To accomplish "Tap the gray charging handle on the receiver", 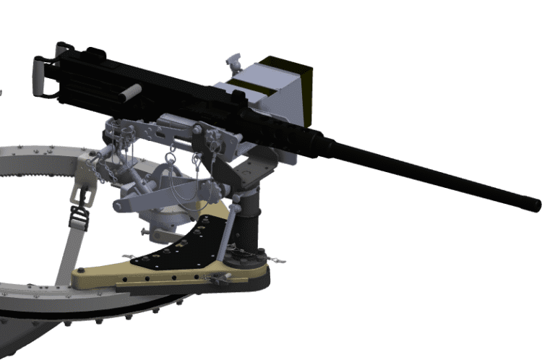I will [x=129, y=92].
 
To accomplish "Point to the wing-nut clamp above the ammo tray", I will [x=233, y=61].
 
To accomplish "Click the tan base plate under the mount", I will [x=145, y=278].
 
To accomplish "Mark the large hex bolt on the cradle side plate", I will [x=196, y=129].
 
